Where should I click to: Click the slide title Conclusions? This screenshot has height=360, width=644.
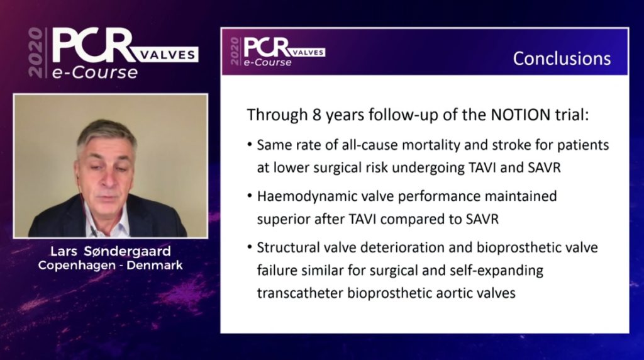[x=562, y=59]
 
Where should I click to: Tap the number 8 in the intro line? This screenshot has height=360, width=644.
[x=316, y=115]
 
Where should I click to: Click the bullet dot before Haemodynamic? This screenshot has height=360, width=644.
[x=249, y=196]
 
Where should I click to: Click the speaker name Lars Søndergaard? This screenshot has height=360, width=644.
[x=110, y=251]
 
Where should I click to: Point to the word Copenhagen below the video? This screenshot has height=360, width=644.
[x=77, y=266]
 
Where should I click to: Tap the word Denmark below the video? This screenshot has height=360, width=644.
[x=155, y=265]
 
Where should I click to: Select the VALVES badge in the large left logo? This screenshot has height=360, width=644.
[x=167, y=55]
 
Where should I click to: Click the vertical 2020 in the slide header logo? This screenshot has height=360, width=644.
[x=235, y=52]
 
